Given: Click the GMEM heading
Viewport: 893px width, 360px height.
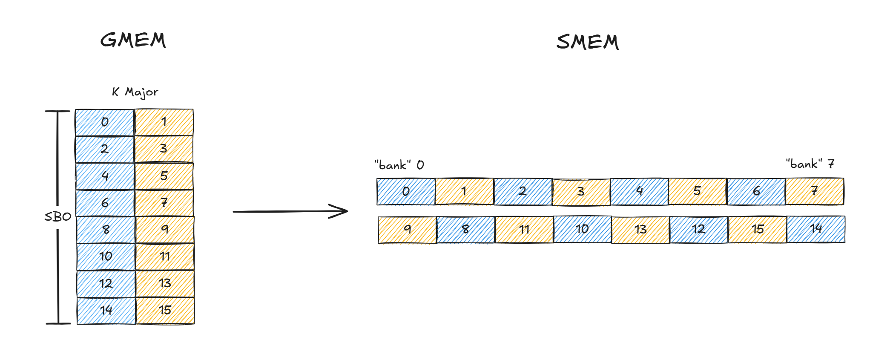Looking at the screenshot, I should point(133,40).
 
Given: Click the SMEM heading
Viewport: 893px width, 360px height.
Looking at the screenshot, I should point(587,42).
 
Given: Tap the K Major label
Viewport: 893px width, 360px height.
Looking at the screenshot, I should point(135,92).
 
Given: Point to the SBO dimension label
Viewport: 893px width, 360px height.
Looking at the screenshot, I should point(58,217).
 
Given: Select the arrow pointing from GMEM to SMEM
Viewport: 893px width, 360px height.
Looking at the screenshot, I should point(290,211).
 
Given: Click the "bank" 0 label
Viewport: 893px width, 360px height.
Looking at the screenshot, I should point(399,165).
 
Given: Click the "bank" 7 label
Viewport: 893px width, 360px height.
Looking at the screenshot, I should point(810,164).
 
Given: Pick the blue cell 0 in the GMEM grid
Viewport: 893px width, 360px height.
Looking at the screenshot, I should point(105,123).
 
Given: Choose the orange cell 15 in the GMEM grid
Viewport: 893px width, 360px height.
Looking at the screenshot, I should point(165,311).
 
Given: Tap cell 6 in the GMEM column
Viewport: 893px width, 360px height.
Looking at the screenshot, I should point(105,203).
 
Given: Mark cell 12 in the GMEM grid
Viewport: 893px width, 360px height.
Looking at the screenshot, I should point(106,284).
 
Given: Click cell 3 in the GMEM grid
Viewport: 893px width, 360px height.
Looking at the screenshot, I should point(164,149).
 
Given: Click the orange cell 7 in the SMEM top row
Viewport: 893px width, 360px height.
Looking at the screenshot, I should point(814,191).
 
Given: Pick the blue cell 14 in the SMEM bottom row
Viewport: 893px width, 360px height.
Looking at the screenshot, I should point(816,229).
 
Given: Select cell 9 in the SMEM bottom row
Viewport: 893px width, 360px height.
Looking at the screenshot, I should point(407,230).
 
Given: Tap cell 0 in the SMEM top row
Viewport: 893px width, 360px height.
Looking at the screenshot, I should point(406,192).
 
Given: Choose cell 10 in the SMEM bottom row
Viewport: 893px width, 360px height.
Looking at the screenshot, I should point(582,230).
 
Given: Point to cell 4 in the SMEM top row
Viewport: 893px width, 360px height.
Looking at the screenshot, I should point(639,191).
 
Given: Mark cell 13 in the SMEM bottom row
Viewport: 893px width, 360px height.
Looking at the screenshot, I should point(640,230).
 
